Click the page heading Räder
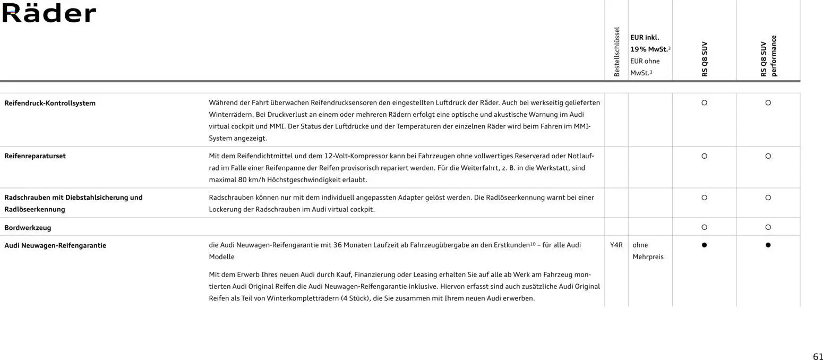(x=49, y=13)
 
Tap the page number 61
(x=818, y=356)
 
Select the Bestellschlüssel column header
(x=616, y=52)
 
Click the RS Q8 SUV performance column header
(x=768, y=56)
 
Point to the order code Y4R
(x=616, y=245)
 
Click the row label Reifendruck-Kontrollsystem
(x=50, y=103)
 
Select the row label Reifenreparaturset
(x=35, y=156)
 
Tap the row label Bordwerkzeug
(x=28, y=228)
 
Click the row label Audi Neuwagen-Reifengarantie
(x=55, y=245)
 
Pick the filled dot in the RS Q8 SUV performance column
(x=768, y=245)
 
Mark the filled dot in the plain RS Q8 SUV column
(x=704, y=245)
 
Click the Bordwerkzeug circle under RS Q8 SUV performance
(x=768, y=227)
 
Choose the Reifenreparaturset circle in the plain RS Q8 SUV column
(x=704, y=156)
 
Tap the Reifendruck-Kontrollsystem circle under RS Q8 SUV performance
(x=768, y=103)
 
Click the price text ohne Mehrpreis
(x=648, y=251)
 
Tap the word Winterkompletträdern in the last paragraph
(x=302, y=298)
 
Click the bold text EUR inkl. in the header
(x=644, y=38)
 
